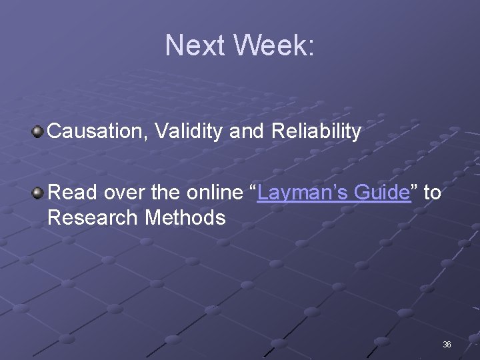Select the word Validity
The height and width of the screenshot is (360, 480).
pyautogui.click(x=190, y=131)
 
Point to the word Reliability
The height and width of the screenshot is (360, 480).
pyautogui.click(x=316, y=131)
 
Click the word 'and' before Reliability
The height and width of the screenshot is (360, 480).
pyautogui.click(x=247, y=131)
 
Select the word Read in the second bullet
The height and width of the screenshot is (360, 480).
pyautogui.click(x=70, y=193)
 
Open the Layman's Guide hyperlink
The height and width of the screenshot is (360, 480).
pyautogui.click(x=333, y=193)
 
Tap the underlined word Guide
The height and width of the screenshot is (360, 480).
pyautogui.click(x=381, y=193)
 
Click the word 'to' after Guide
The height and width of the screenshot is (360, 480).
pyautogui.click(x=432, y=193)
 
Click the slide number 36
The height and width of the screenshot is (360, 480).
pyautogui.click(x=447, y=345)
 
